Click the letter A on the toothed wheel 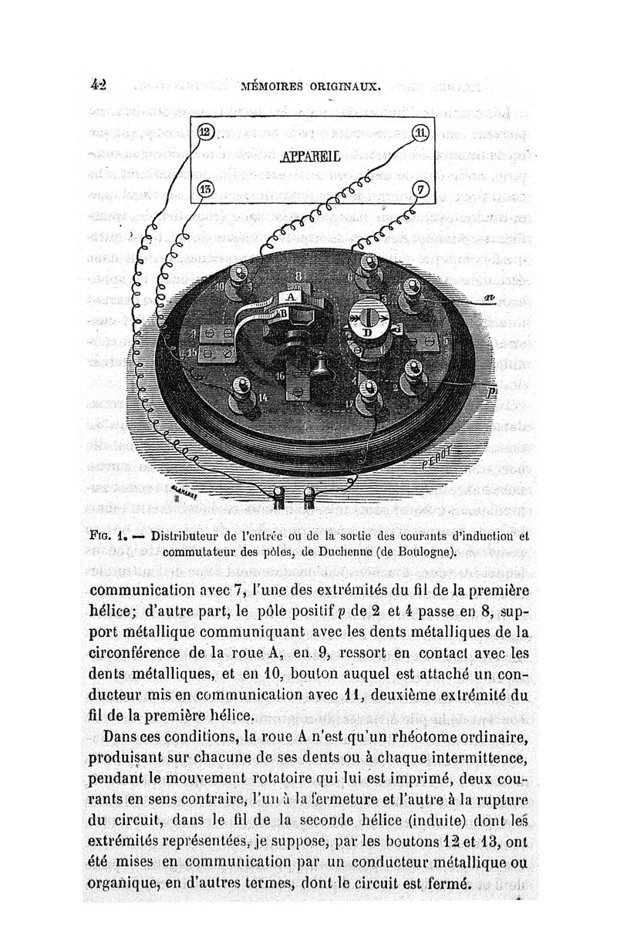(290, 296)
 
